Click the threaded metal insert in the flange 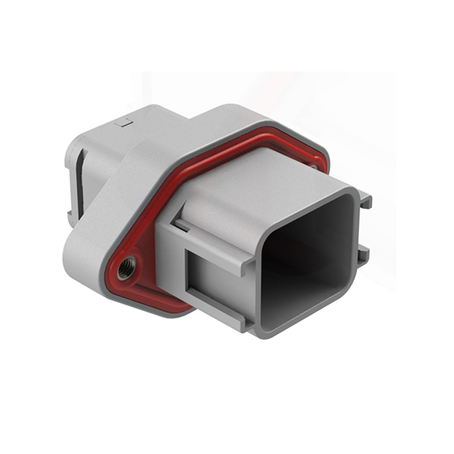pos(127,268)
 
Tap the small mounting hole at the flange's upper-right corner pos(313,167)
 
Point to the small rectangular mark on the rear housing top pos(127,123)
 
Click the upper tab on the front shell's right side pos(366,201)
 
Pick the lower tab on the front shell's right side pos(363,253)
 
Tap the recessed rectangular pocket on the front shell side pos(213,284)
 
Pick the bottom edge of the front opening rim pos(298,332)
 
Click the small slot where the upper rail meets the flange pos(182,226)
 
